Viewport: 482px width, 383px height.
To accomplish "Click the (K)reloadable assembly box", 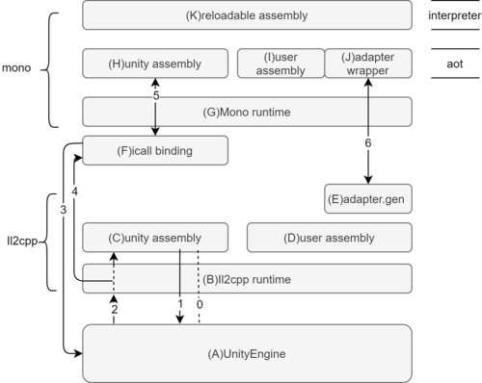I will tap(248, 15).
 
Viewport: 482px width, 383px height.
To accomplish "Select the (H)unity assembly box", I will tap(155, 64).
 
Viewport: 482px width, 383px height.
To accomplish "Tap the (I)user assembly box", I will tap(280, 64).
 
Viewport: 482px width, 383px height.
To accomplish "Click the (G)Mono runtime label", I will tap(248, 113).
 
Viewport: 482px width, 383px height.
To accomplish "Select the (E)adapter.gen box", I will tap(369, 199).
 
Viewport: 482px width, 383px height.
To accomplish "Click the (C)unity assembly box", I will tap(155, 237).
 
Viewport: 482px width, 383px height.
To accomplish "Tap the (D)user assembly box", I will tap(331, 237).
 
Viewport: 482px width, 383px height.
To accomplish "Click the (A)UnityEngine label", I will tap(247, 354).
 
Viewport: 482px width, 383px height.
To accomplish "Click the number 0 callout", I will tap(200, 303).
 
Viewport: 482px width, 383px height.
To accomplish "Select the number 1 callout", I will tap(180, 303).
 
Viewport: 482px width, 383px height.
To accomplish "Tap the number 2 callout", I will tap(115, 310).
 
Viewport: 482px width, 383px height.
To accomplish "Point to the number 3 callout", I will tap(64, 209).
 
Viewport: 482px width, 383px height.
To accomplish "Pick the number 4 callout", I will tap(75, 191).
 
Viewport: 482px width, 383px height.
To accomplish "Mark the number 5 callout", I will tap(155, 93).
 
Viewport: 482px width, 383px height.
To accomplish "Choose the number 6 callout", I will tap(368, 142).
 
